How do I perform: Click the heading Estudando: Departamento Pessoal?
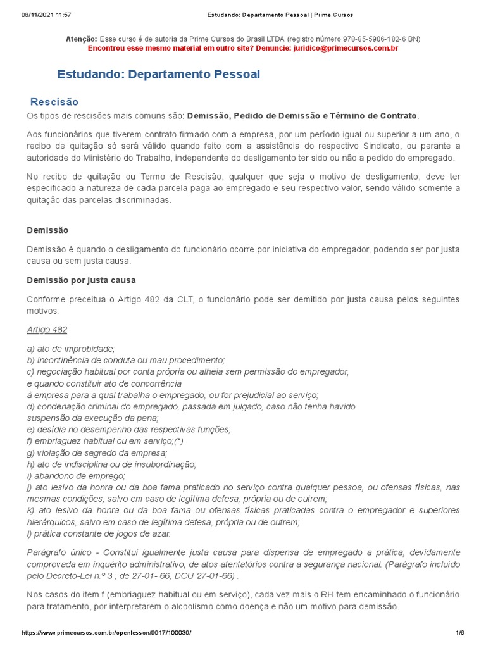(158, 75)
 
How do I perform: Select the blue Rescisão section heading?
(54, 102)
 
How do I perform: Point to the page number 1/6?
(460, 633)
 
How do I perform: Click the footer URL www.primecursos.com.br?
(106, 633)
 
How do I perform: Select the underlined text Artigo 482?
(47, 330)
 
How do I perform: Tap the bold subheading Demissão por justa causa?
(81, 280)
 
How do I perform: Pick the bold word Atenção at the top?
(82, 39)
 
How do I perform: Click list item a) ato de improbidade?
(70, 348)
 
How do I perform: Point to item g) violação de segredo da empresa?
(97, 452)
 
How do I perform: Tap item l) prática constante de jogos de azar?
(99, 533)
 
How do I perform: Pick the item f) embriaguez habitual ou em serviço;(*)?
(105, 441)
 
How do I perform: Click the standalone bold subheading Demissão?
(47, 230)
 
